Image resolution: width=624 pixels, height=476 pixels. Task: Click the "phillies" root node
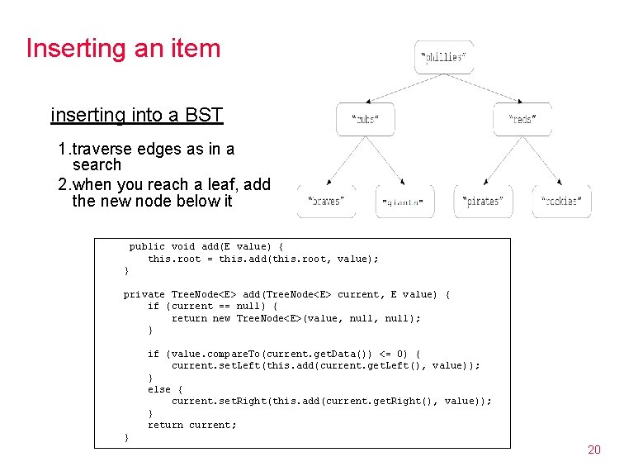443,57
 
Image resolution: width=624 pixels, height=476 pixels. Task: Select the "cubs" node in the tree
365,119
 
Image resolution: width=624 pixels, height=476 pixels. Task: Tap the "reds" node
522,119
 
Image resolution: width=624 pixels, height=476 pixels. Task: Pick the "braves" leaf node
326,201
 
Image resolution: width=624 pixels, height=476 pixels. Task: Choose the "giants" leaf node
404,201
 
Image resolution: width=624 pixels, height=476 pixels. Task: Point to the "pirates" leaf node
483,201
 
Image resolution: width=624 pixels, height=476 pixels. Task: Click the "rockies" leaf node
561,201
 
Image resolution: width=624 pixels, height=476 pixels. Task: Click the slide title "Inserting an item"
123,48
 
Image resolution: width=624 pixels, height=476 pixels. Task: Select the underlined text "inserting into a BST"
136,115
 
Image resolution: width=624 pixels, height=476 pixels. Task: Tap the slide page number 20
593,450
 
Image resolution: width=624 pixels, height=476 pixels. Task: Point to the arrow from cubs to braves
345,160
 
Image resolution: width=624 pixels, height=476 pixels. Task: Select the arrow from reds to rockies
542,160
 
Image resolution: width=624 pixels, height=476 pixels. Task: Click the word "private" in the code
144,294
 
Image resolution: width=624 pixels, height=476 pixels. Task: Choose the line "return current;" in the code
191,425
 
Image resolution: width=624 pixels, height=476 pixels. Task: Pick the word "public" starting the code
147,246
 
